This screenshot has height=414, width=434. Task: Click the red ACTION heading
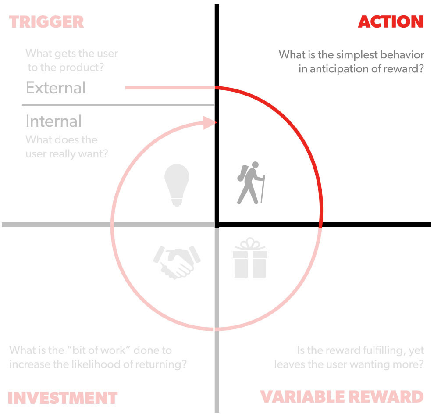[391, 21]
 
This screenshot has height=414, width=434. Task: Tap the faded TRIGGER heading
[46, 21]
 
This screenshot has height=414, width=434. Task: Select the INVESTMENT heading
[63, 398]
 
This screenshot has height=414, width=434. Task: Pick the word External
[56, 88]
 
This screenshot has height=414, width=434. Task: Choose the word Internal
[53, 121]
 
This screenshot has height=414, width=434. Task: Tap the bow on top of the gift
[250, 244]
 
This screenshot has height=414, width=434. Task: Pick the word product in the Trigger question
[86, 68]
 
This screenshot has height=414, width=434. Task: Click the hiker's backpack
[242, 173]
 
